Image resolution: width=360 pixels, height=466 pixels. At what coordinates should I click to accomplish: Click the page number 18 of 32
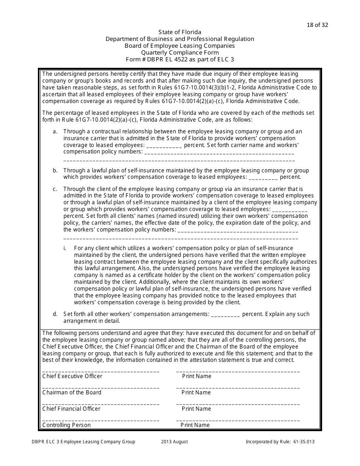pos(317,25)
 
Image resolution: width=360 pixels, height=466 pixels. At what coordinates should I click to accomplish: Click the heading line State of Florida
pos(180,32)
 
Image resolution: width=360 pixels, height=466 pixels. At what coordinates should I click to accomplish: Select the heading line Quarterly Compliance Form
pos(180,53)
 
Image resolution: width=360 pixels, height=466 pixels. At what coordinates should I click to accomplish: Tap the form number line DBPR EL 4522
pos(180,59)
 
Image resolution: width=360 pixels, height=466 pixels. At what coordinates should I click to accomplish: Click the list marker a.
pos(55,131)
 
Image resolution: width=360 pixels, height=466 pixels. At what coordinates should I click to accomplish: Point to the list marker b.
pos(55,170)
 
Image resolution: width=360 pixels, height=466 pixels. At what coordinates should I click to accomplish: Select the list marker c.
pos(55,189)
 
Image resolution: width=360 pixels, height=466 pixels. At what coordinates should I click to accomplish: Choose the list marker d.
pos(55,314)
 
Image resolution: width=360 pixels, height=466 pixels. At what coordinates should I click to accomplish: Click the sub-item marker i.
pos(65,248)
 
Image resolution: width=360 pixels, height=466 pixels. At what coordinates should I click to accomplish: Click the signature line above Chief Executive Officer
pos(100,372)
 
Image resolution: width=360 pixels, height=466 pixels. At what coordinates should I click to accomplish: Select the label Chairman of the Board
pos(72,393)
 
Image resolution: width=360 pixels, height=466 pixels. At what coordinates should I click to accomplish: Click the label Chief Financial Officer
pos(71,409)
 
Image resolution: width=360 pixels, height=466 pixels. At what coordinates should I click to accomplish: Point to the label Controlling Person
pos(67,425)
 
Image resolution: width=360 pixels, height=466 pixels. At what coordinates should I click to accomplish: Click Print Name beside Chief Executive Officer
pos(197,376)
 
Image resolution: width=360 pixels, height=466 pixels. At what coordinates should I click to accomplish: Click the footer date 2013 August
pos(174,442)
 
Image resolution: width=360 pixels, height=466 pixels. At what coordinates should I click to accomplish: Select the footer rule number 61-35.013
pos(304,442)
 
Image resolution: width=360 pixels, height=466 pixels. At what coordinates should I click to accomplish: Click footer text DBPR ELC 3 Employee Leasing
pos(83,442)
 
